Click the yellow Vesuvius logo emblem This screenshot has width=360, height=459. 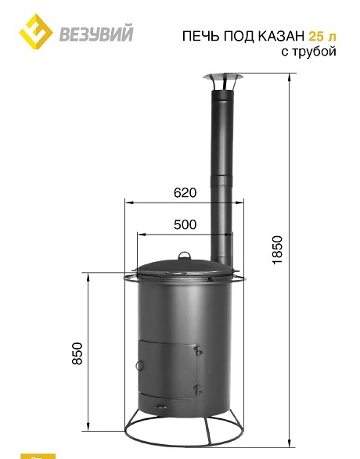click(x=36, y=31)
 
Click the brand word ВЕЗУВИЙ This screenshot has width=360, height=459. click(x=96, y=34)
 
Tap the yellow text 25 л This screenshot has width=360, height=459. click(x=322, y=36)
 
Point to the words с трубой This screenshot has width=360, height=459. click(x=308, y=52)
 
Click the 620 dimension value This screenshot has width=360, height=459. click(x=185, y=193)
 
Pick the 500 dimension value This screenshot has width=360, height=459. click(x=185, y=225)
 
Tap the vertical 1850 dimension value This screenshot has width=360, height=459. click(x=277, y=250)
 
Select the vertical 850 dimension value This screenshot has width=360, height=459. click(x=77, y=353)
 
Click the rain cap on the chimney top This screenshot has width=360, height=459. click(x=223, y=82)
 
